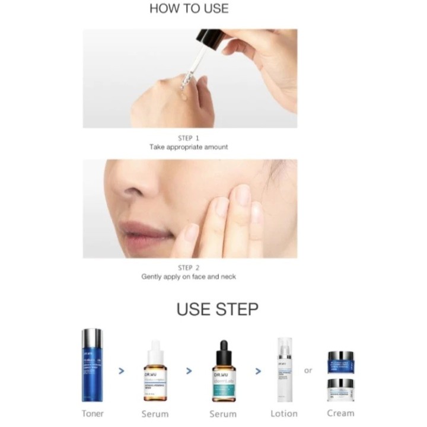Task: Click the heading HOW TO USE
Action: [188, 9]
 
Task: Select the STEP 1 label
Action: [189, 138]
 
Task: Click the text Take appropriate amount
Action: [189, 146]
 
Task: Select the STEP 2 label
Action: [189, 267]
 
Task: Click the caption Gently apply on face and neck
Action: [189, 276]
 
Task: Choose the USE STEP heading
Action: [217, 310]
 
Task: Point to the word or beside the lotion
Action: [308, 370]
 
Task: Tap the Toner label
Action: [93, 413]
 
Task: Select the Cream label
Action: [340, 413]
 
